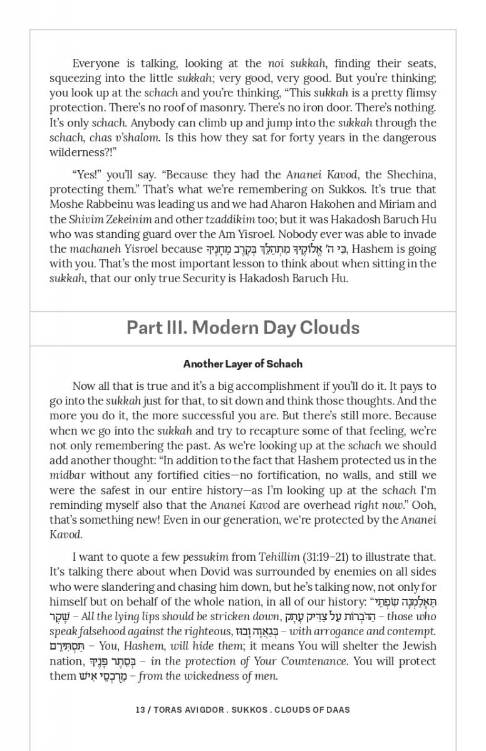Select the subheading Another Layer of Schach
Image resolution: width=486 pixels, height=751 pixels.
[x=242, y=364]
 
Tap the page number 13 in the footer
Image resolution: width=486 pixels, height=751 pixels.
[x=140, y=710]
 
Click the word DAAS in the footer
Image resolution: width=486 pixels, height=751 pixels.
[x=336, y=710]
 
